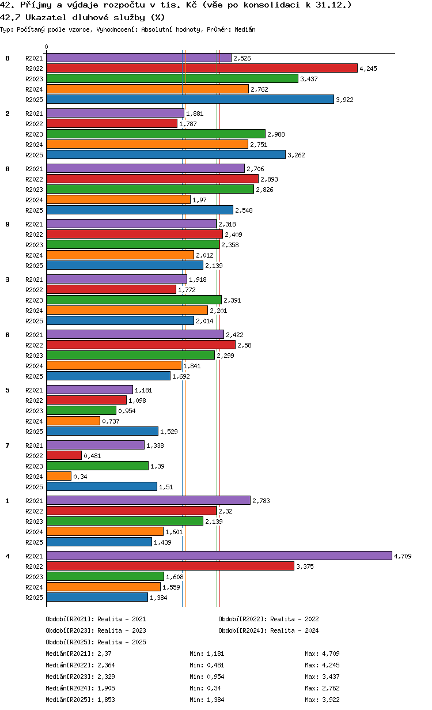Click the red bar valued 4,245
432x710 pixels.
coord(202,68)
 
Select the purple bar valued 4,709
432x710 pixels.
coord(219,556)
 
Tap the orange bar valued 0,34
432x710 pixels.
coord(59,476)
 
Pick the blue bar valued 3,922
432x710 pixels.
coord(190,99)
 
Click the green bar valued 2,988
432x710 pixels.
coord(156,134)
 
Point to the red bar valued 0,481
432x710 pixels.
coord(65,455)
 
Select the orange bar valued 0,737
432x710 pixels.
coord(74,421)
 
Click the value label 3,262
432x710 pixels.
coord(296,155)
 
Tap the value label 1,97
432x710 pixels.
coord(199,200)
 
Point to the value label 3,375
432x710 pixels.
coord(305,567)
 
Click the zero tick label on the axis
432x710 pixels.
coord(47,47)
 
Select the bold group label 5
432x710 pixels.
coord(7,390)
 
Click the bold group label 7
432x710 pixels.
coord(7,445)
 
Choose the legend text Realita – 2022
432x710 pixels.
coord(294,619)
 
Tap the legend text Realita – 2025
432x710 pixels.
coord(122,642)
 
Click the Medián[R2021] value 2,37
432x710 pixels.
coord(104,654)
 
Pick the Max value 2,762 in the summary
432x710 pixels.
coord(331,688)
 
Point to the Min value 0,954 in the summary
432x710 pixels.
coord(215,677)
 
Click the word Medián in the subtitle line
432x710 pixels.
coord(245,29)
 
